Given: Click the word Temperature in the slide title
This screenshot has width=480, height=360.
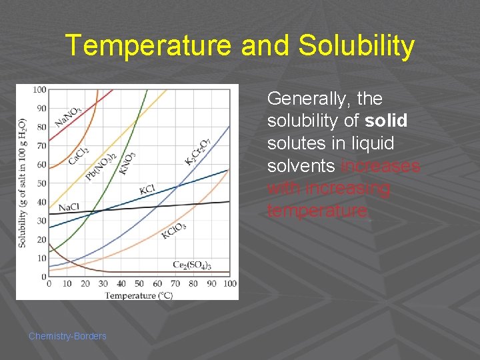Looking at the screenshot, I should coord(147,46).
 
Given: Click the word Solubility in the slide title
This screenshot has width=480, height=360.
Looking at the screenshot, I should coord(357,46).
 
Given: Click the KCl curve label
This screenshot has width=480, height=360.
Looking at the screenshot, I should coord(147,190).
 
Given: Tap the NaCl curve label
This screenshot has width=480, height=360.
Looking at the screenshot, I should coord(68,207).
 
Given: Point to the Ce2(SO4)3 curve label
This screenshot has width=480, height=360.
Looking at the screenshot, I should coord(192,265).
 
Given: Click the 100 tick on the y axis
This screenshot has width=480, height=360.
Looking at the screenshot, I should coord(39,89).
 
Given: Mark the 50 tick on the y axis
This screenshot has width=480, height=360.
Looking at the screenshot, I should coord(41,183).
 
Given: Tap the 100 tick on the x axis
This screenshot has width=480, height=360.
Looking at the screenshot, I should coord(229,284).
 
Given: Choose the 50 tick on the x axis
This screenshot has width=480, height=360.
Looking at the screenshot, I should coord(139,284).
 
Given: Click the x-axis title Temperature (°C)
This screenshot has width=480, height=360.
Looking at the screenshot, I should coord(139,295).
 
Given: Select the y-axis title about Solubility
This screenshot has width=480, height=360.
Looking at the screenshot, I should coord(23,183).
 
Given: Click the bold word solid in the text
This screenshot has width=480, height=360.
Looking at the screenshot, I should coord(387,121).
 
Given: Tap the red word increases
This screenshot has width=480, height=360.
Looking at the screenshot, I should coord(380,165).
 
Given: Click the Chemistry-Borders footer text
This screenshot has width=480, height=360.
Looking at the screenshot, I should coord(67,336).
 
